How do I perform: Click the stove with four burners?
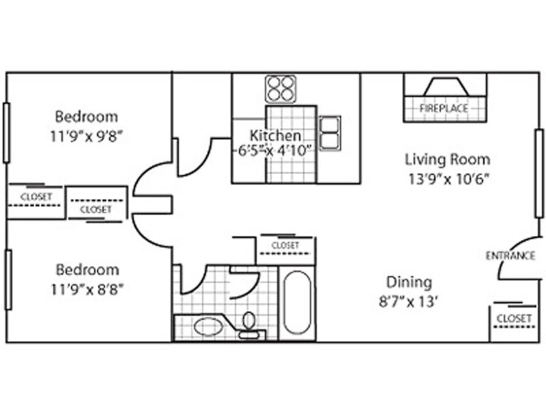(281, 89)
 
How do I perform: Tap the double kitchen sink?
(330, 133)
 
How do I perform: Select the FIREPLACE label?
(444, 109)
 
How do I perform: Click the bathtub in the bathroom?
(297, 302)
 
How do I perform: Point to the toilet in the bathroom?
(248, 326)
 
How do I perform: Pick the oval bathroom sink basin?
(209, 327)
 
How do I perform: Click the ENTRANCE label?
(510, 256)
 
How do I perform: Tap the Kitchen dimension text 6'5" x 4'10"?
(274, 150)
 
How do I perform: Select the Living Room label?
(448, 160)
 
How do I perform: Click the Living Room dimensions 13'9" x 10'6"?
(449, 179)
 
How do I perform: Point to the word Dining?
(409, 282)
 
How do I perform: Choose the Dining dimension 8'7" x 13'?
(407, 301)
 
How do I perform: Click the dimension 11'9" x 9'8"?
(87, 136)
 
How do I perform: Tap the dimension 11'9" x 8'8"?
(87, 289)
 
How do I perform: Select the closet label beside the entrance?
(514, 318)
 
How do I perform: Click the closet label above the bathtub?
(285, 245)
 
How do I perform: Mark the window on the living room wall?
(539, 174)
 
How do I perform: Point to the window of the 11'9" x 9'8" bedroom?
(6, 133)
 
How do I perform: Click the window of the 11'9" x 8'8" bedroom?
(8, 279)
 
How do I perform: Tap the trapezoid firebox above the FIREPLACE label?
(446, 87)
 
